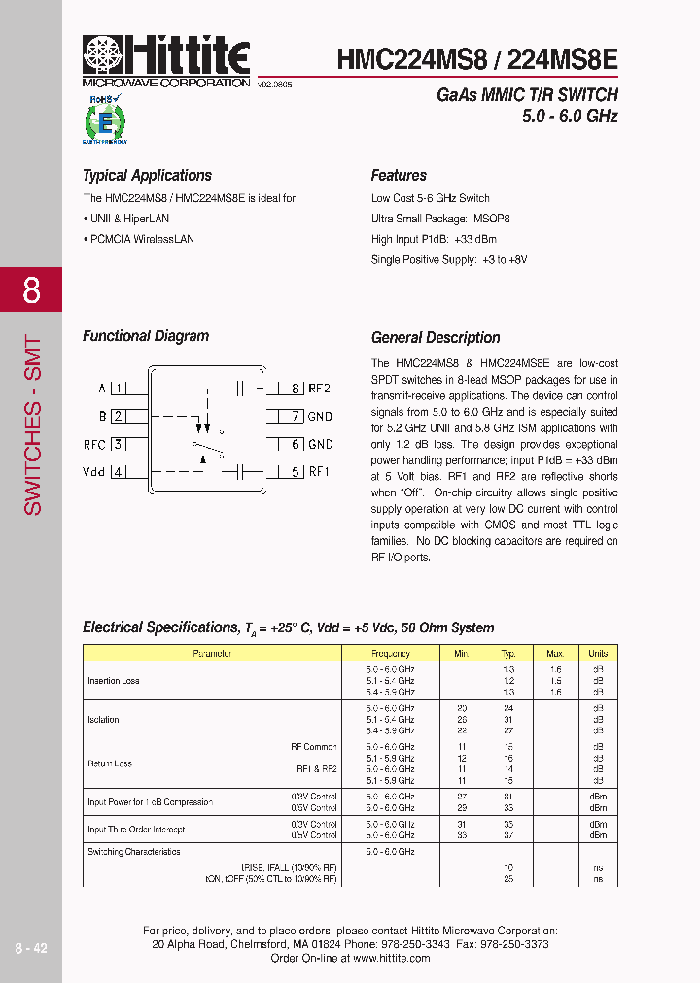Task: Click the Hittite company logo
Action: tap(165, 57)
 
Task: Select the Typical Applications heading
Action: tap(147, 176)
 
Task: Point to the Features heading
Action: tap(399, 176)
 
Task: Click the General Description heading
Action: tap(436, 338)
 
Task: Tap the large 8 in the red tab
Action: tap(31, 289)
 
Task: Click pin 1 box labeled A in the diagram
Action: tap(119, 389)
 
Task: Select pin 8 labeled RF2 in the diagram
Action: tap(296, 389)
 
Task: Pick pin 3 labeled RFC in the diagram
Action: tap(119, 445)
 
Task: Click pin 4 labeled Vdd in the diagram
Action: tap(119, 473)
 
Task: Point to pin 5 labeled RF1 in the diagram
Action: tap(296, 473)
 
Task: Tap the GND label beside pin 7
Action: tap(320, 417)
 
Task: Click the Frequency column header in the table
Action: tap(391, 654)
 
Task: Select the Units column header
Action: tap(598, 654)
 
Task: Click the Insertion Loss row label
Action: tap(114, 681)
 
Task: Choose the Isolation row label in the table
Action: tap(103, 720)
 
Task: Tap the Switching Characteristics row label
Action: tap(134, 852)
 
